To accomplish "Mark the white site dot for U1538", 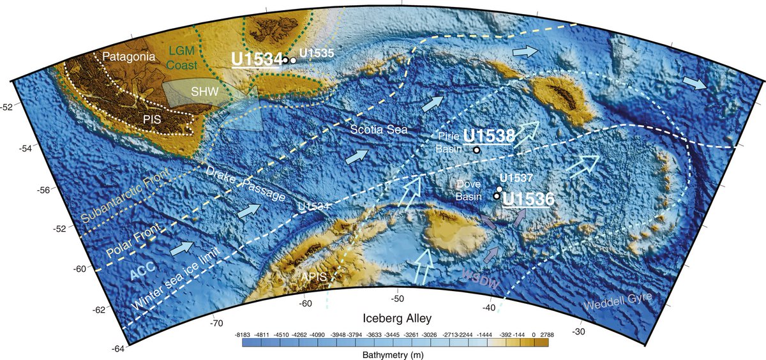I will pyautogui.click(x=476, y=150).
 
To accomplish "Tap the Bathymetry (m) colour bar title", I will pyautogui.click(x=396, y=354).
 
